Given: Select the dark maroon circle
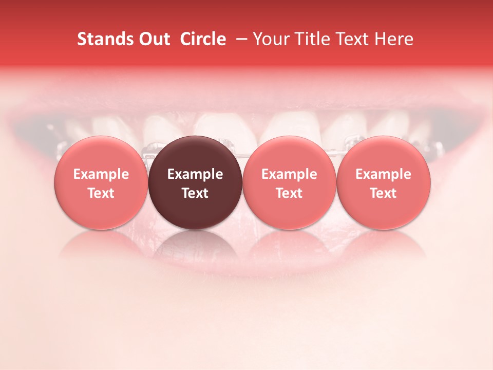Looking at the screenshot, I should (x=195, y=182).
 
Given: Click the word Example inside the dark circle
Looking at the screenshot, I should (x=195, y=174).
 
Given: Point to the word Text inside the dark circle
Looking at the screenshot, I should (x=195, y=193).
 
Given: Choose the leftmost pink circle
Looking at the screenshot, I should (x=101, y=182).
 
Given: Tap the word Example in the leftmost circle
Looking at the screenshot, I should (x=101, y=174).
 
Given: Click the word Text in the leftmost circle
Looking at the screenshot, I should (x=101, y=193).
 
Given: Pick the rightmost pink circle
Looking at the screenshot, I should (x=383, y=182).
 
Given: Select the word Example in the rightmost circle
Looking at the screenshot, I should (x=383, y=174).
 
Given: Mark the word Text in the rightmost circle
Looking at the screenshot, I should (x=383, y=193).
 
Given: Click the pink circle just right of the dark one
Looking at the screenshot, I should (x=289, y=182).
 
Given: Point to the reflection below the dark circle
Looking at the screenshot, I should (x=195, y=246).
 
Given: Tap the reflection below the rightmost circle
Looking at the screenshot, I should (x=383, y=246).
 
